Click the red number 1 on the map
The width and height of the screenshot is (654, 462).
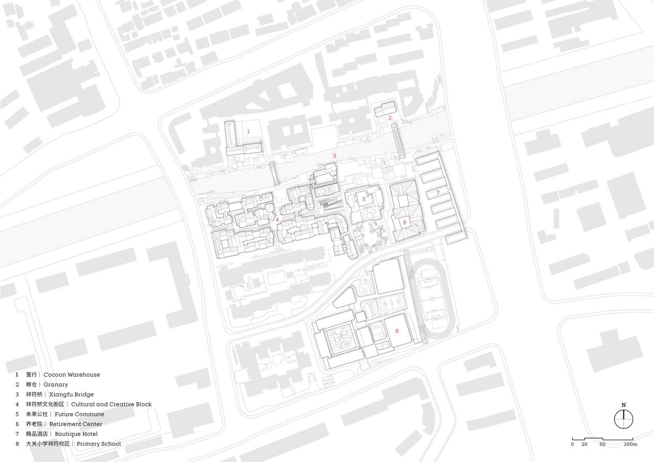point(249,131)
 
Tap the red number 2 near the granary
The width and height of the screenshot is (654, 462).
point(390,118)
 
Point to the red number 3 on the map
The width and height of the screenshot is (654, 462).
point(335,156)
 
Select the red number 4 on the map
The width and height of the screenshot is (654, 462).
point(277,219)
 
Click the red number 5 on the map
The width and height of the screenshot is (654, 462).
point(364,199)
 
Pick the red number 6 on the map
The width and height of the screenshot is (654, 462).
point(405,222)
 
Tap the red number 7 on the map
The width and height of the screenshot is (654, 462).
point(438,193)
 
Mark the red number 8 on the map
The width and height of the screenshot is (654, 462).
point(396,331)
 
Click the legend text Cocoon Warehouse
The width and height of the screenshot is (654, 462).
point(72,375)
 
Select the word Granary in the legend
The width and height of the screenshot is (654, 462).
point(56,384)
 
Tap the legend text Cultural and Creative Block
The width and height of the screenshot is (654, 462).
point(111,404)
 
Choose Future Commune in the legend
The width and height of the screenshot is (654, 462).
point(79,414)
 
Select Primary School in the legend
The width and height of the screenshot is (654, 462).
point(99,444)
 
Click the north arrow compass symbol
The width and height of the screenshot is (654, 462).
point(623,420)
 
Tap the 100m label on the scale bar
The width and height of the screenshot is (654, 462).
point(630,444)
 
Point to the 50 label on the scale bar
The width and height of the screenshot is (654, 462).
point(603,444)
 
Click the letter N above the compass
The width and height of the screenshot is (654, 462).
point(623,405)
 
